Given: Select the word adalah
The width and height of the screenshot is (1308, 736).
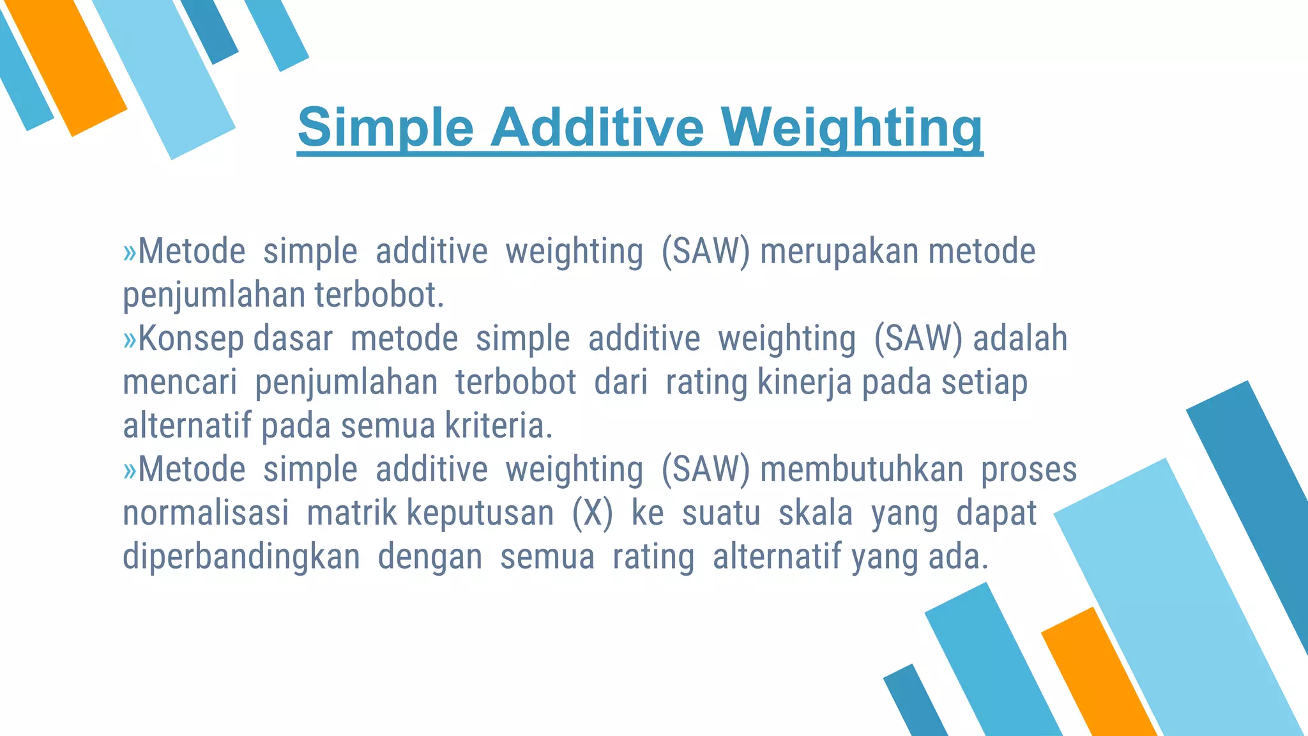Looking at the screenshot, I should tap(1020, 339).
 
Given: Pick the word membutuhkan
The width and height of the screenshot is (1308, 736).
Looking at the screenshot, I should tap(862, 470).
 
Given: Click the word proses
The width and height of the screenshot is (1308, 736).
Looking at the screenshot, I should tap(1029, 470).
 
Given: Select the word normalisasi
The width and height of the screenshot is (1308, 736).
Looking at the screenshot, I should tap(206, 513).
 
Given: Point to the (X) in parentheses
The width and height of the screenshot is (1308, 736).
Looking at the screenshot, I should tap(592, 513).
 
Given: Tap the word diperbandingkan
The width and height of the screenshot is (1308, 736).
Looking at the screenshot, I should tap(241, 556).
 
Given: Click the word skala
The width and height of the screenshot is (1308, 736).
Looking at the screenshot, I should tap(816, 513).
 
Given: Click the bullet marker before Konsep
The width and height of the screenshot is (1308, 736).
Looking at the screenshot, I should tap(130, 339).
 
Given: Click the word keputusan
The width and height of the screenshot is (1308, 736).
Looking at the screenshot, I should tap(480, 513).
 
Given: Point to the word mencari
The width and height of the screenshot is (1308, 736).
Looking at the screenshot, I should tap(179, 382).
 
